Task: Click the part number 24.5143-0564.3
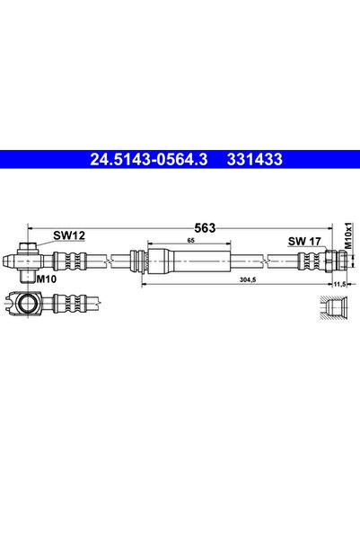(x=149, y=159)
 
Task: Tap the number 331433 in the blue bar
(x=255, y=159)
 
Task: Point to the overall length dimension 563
(x=205, y=227)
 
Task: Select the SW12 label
(x=69, y=235)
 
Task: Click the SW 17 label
(x=304, y=242)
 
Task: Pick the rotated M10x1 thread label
(x=348, y=235)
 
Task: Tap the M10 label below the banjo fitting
(x=46, y=279)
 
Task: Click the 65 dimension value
(x=191, y=241)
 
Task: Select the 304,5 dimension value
(x=248, y=279)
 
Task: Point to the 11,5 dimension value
(x=339, y=284)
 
